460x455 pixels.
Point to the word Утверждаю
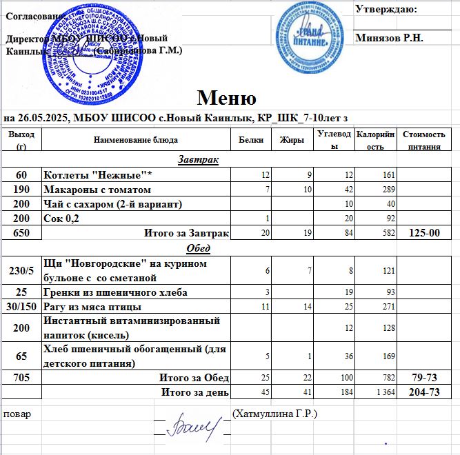pyautogui.click(x=386, y=9)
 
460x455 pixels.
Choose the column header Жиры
pyautogui.click(x=288, y=140)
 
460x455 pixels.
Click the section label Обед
pyautogui.click(x=199, y=247)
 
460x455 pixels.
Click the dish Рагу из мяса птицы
pyautogui.click(x=92, y=306)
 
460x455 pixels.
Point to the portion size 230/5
pyautogui.click(x=21, y=270)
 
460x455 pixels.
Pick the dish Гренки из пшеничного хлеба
pyautogui.click(x=109, y=292)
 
